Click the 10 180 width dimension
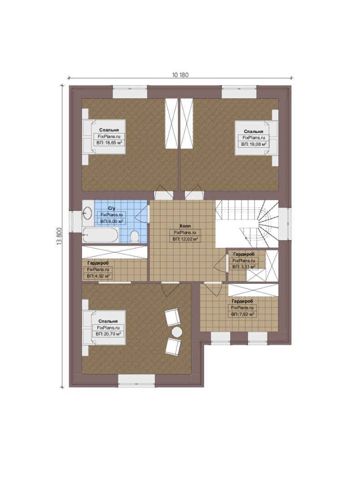pyautogui.click(x=180, y=75)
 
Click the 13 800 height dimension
pyautogui.click(x=59, y=236)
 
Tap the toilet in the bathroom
pyautogui.click(x=135, y=236)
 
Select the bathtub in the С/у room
pyautogui.click(x=100, y=235)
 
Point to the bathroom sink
pyautogui.click(x=87, y=213)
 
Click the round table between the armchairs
pyautogui.click(x=177, y=332)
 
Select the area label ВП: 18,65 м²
pyautogui.click(x=109, y=143)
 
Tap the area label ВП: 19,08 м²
pyautogui.click(x=254, y=144)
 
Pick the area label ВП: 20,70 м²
pyautogui.click(x=108, y=334)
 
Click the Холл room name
pyautogui.click(x=185, y=226)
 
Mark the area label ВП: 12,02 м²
pyautogui.click(x=185, y=239)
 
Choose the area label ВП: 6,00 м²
pyautogui.click(x=112, y=221)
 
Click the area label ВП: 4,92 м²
pyautogui.click(x=98, y=277)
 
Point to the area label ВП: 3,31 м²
pyautogui.click(x=243, y=267)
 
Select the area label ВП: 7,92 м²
pyautogui.click(x=243, y=314)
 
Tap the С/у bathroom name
pyautogui.click(x=112, y=208)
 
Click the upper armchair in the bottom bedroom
pyautogui.click(x=173, y=317)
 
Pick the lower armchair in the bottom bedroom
pyautogui.click(x=173, y=347)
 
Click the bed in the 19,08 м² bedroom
pyautogui.click(x=257, y=138)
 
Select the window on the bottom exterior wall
pyautogui.click(x=137, y=380)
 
